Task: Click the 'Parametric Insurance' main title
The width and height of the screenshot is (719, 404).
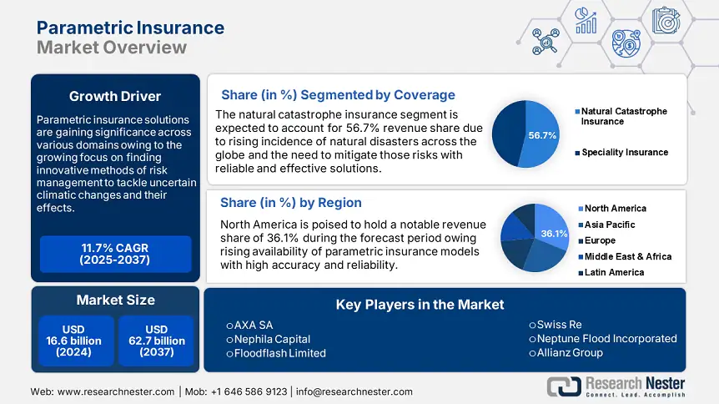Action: pyautogui.click(x=130, y=28)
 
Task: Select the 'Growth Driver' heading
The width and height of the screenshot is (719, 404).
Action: pyautogui.click(x=115, y=95)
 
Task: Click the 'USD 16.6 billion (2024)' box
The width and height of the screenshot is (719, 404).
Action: pyautogui.click(x=74, y=341)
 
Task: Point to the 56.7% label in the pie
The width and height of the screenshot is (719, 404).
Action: pyautogui.click(x=542, y=135)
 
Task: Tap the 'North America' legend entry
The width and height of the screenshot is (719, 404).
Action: pyautogui.click(x=615, y=208)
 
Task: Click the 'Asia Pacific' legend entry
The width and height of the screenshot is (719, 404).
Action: pyautogui.click(x=609, y=224)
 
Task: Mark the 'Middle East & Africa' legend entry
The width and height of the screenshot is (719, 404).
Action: pyautogui.click(x=626, y=256)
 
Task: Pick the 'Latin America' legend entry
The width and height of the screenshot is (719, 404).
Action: pyautogui.click(x=613, y=272)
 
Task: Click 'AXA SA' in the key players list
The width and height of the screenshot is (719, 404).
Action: pyautogui.click(x=254, y=325)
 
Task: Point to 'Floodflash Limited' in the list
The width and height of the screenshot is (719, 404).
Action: pyautogui.click(x=280, y=352)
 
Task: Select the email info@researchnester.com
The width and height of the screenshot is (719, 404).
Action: pyautogui.click(x=354, y=391)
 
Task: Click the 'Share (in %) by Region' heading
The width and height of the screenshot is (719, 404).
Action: pyautogui.click(x=290, y=203)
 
